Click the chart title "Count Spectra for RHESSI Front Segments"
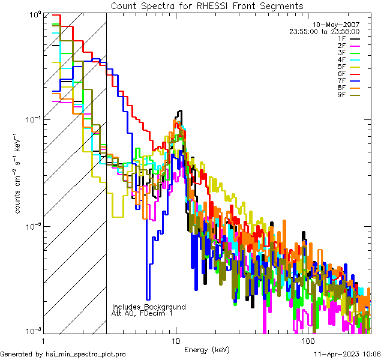click(207, 5)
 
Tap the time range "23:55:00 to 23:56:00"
click(325, 31)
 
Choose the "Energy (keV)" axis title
click(206, 349)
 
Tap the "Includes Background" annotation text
click(149, 307)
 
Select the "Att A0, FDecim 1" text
click(142, 313)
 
